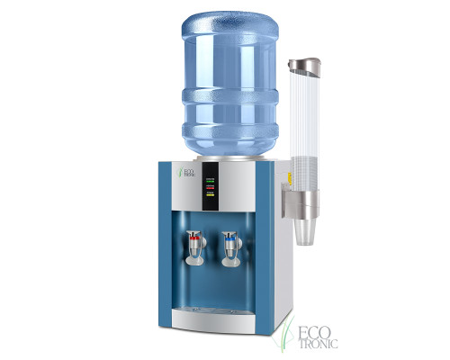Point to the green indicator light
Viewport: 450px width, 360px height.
point(211,181)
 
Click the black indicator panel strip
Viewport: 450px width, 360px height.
point(211,187)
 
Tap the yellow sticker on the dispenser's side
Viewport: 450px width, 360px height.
point(288,175)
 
